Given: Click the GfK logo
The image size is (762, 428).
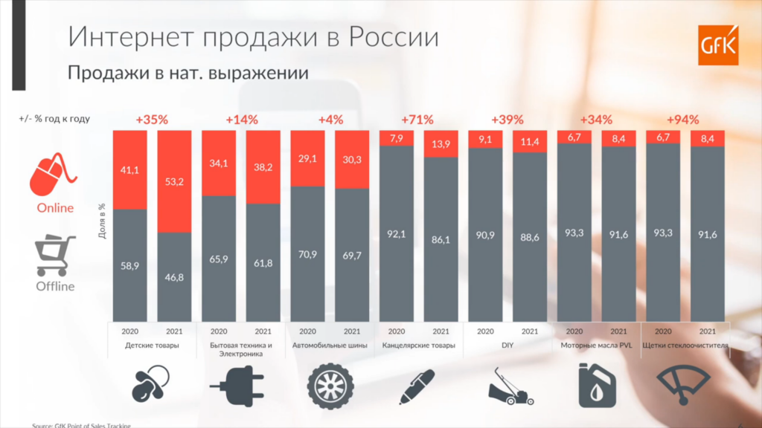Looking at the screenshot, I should pyautogui.click(x=717, y=45).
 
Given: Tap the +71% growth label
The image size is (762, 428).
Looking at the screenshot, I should pyautogui.click(x=417, y=119).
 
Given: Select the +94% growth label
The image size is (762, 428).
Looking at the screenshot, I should pyautogui.click(x=684, y=119).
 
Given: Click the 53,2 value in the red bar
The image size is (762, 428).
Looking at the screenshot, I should pyautogui.click(x=175, y=178).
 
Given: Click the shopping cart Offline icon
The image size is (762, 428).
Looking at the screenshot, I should pyautogui.click(x=55, y=255).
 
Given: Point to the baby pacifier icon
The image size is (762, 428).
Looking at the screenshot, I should pyautogui.click(x=152, y=383).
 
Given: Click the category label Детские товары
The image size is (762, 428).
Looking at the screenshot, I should pyautogui.click(x=153, y=346).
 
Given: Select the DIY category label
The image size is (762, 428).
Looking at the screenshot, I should pyautogui.click(x=507, y=346).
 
